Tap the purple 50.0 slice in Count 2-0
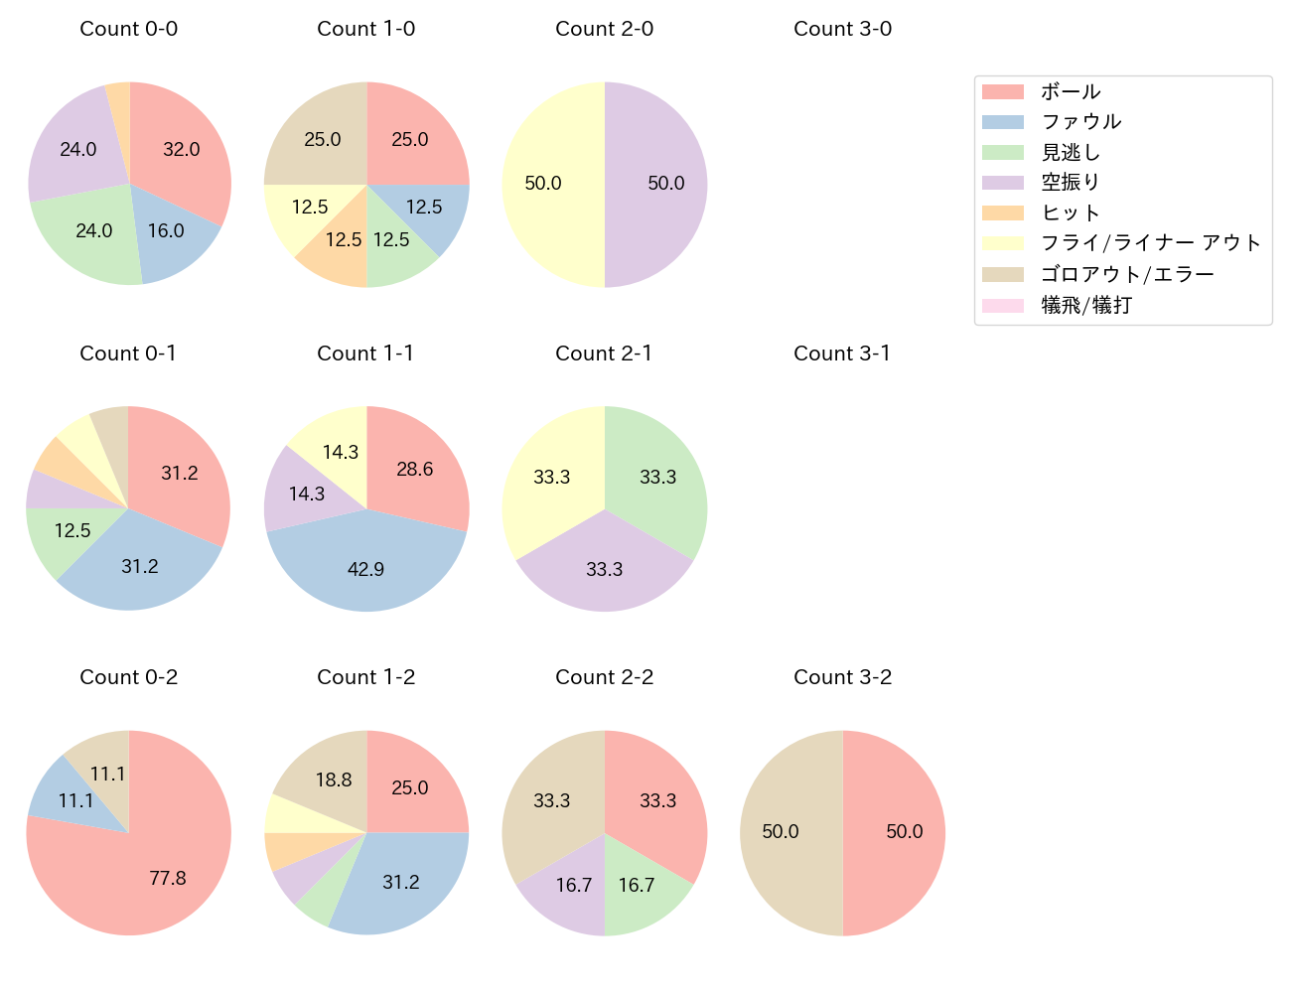click(660, 185)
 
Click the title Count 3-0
click(842, 29)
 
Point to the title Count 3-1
click(842, 354)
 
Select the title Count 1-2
click(365, 677)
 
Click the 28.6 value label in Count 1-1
click(414, 469)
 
